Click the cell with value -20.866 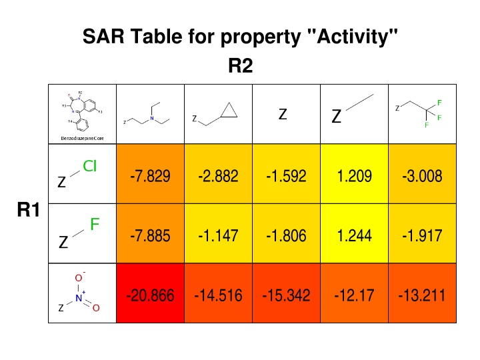[151, 294]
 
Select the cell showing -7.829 [151, 177]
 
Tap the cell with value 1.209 [355, 177]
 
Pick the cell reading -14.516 [219, 294]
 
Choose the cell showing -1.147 [219, 235]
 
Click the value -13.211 [423, 294]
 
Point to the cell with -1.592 [287, 177]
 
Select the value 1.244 [355, 235]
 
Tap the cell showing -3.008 [423, 177]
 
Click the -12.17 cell [355, 294]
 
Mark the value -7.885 [151, 235]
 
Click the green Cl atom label [90, 167]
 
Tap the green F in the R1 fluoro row [95, 225]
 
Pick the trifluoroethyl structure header [420, 113]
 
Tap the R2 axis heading [240, 67]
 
